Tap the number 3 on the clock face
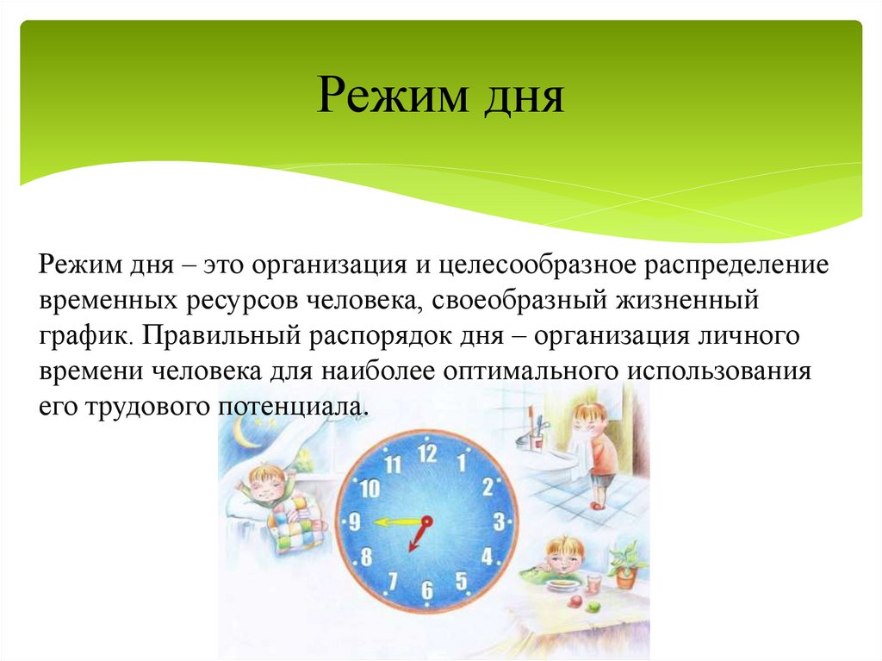tap(498, 521)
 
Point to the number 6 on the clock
tap(427, 590)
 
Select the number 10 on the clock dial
tap(370, 490)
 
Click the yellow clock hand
tap(395, 521)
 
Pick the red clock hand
tap(419, 534)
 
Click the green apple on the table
tap(593, 606)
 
